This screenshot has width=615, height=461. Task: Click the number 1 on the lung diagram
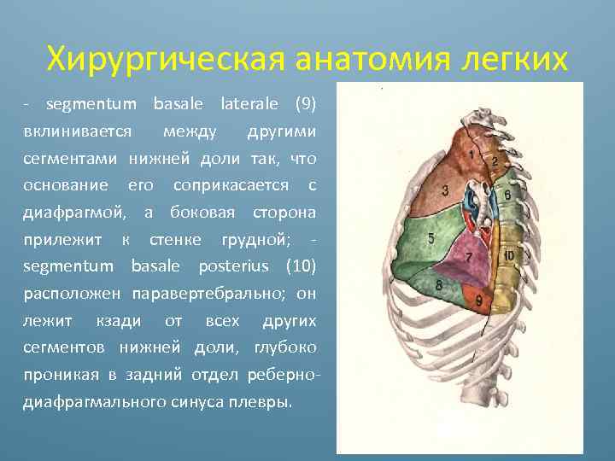pyautogui.click(x=471, y=154)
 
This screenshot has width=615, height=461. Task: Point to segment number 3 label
pyautogui.click(x=445, y=190)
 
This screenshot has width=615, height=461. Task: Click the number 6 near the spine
pyautogui.click(x=507, y=195)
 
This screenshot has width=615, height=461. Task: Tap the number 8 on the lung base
pyautogui.click(x=438, y=284)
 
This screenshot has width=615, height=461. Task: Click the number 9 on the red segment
pyautogui.click(x=479, y=300)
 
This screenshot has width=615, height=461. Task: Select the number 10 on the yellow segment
pyautogui.click(x=508, y=255)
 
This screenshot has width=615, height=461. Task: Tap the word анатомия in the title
pyautogui.click(x=376, y=60)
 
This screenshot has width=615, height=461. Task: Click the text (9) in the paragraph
pyautogui.click(x=305, y=105)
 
